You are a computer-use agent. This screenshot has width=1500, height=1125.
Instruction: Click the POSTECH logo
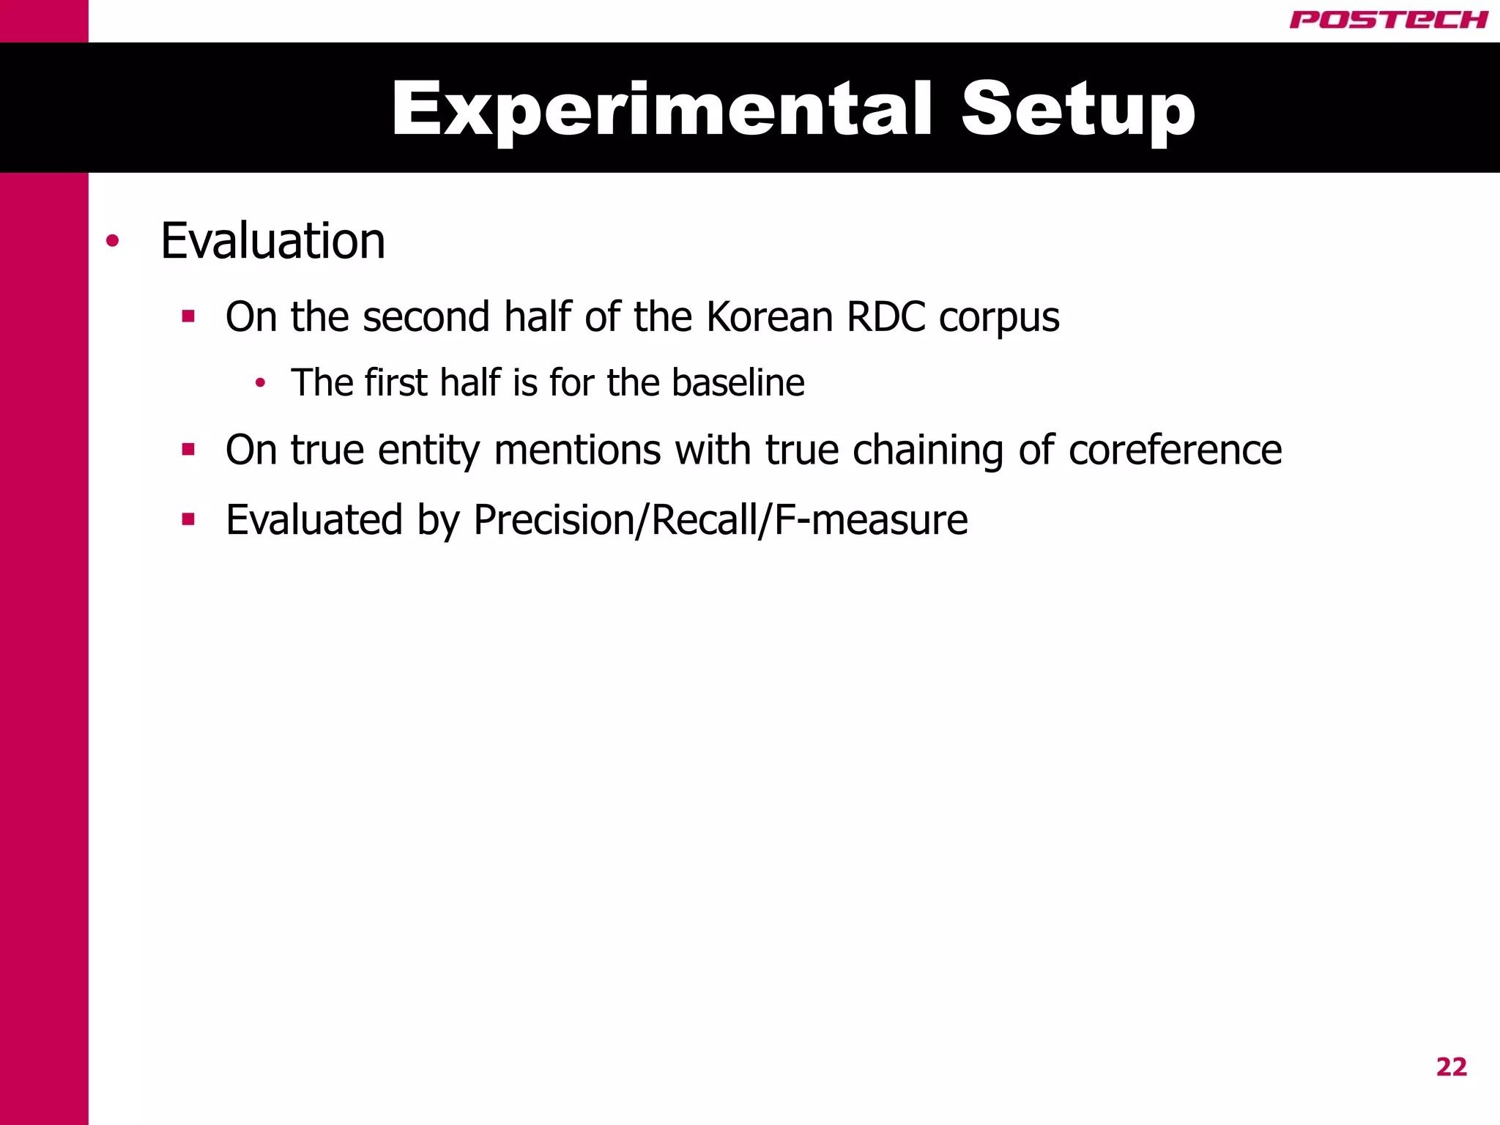tap(1388, 20)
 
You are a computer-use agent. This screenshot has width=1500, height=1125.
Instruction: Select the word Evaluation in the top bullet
tap(272, 241)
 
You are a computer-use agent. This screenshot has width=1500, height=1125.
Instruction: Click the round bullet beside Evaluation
tap(112, 241)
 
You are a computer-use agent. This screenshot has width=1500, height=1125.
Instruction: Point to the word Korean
tap(769, 317)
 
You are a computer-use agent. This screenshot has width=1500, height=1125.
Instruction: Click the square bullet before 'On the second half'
tap(189, 316)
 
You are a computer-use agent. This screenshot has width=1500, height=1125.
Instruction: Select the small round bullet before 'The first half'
tap(260, 382)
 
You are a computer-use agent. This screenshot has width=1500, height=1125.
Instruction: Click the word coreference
tap(1175, 449)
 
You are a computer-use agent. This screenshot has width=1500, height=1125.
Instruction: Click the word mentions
tap(578, 449)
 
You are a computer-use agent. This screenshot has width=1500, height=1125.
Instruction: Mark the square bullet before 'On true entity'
tap(189, 449)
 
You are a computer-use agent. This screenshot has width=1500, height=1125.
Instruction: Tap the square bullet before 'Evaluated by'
tap(189, 519)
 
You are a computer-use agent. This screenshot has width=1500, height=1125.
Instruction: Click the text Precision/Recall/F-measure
tap(721, 520)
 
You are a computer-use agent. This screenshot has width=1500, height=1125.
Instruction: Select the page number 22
tap(1451, 1067)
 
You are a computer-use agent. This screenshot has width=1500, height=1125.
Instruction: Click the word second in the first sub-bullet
tap(426, 317)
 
